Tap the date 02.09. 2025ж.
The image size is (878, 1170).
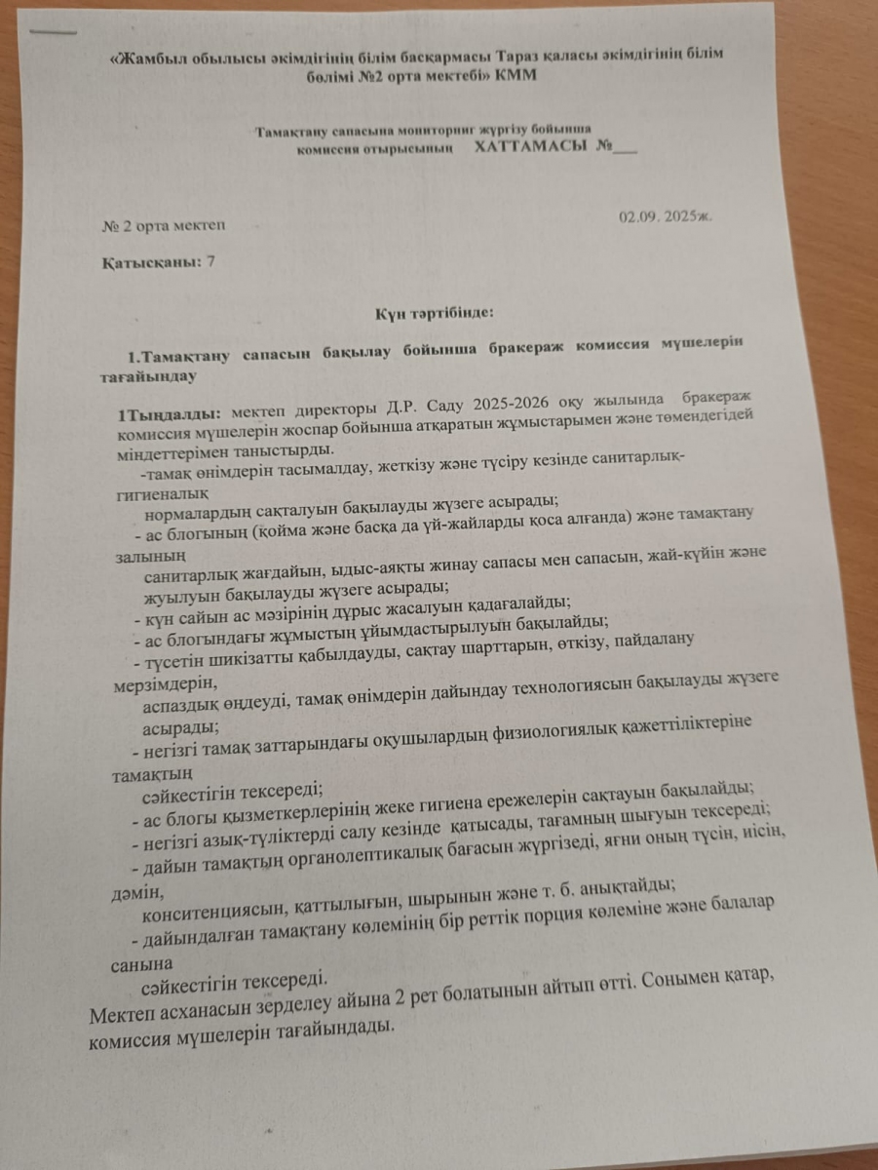[x=666, y=215]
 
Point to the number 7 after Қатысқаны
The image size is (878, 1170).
[x=211, y=261]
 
